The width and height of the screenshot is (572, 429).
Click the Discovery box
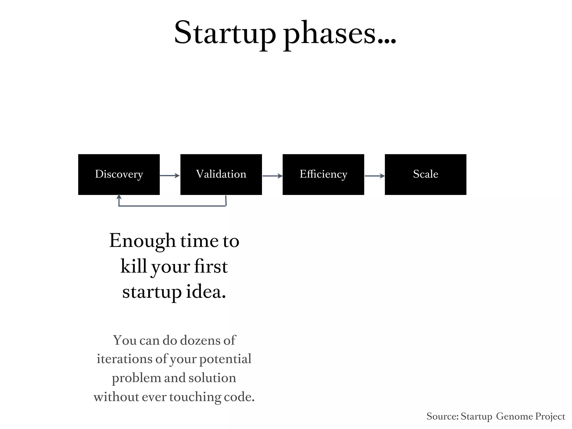119,174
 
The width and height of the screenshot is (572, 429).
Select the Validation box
221,174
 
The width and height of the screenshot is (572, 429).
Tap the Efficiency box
323,174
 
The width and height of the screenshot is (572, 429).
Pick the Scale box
425,174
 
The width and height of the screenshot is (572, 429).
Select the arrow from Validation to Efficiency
272,176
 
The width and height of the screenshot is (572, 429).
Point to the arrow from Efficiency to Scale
375,176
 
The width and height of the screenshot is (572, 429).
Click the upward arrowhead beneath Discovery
119,197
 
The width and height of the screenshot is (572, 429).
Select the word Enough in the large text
142,241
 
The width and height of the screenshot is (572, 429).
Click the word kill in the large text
133,266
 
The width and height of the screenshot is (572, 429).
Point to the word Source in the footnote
442,416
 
